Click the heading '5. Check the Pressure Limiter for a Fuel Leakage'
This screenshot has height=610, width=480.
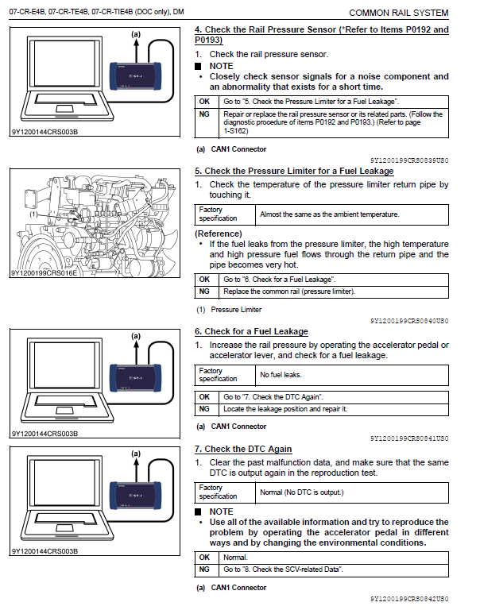294,171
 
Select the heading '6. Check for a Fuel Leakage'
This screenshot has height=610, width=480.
251,331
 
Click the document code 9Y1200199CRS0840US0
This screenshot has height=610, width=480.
408,321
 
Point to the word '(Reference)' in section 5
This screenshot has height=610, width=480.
219,234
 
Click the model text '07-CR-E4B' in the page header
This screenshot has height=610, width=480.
27,14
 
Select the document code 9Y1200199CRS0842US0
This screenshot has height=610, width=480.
408,598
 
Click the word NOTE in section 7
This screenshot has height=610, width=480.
221,512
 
